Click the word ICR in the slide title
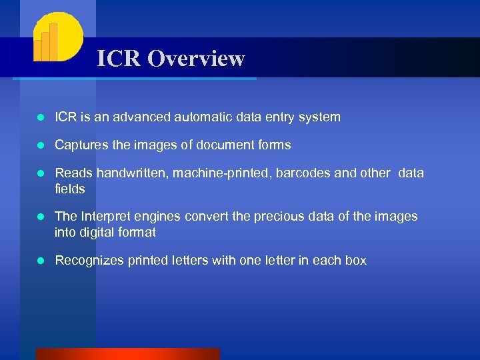(120, 59)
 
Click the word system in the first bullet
(319, 117)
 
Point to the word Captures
(79, 145)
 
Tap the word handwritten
(134, 173)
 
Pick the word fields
(69, 189)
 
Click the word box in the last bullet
(355, 261)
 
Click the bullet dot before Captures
(41, 145)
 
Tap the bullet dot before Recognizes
(41, 261)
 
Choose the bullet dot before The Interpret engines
(41, 217)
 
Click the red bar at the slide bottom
(127, 354)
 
